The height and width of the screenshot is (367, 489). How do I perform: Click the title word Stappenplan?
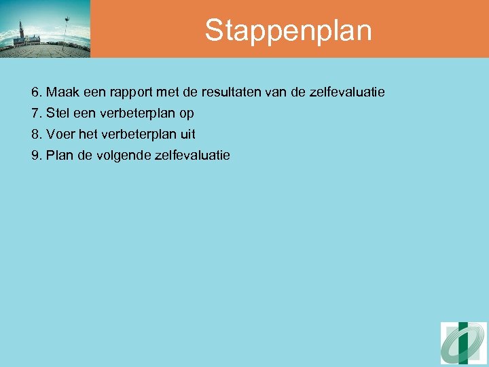(x=288, y=31)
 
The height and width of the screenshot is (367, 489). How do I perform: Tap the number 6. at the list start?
(x=37, y=91)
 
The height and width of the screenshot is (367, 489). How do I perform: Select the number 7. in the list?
(x=37, y=113)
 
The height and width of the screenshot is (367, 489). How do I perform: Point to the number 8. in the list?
(x=37, y=135)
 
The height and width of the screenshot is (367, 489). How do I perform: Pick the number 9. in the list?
(x=37, y=156)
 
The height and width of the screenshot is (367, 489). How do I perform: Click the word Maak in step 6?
(x=61, y=91)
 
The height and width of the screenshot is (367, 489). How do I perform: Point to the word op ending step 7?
(x=187, y=113)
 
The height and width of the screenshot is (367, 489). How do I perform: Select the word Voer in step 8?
(x=60, y=135)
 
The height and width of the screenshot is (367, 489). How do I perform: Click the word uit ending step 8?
(x=187, y=135)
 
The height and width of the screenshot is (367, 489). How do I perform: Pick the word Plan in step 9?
(x=59, y=156)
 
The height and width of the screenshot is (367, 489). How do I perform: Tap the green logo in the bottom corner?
(x=463, y=343)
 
